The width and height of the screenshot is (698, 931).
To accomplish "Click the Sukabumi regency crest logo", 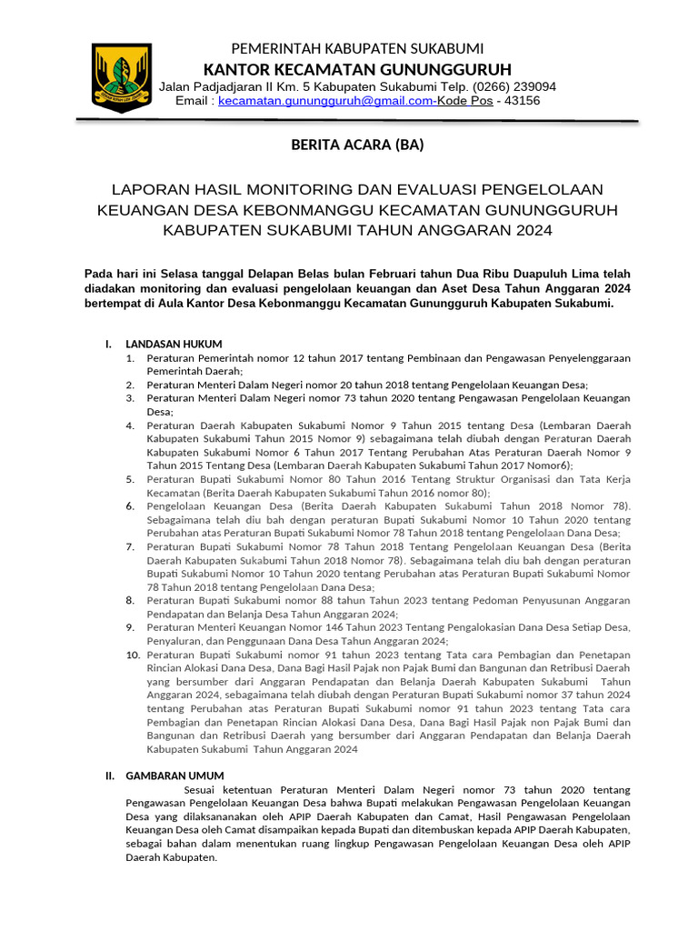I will tap(121, 78).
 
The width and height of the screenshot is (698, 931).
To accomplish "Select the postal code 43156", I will tap(522, 101).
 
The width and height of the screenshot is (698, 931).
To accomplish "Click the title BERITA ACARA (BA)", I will tap(357, 145).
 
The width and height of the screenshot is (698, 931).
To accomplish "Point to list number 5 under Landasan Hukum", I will tap(130, 478).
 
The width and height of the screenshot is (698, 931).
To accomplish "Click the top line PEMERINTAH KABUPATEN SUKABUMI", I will tap(357, 48).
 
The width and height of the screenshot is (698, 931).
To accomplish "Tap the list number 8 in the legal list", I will tap(130, 600).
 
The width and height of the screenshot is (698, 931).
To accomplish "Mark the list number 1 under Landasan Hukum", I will tap(130, 358).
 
